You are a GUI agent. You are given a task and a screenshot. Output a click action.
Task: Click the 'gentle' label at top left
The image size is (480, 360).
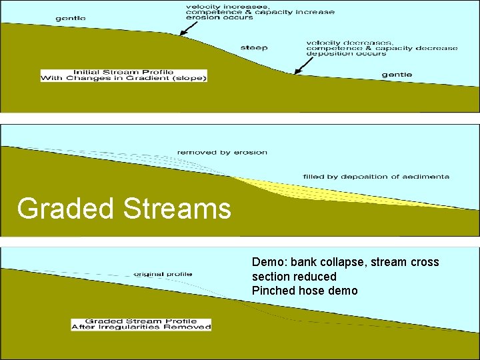click(71, 18)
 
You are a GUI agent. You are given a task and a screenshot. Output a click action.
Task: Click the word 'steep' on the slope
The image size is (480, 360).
click(254, 47)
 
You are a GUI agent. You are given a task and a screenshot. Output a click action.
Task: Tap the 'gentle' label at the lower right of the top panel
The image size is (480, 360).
click(397, 75)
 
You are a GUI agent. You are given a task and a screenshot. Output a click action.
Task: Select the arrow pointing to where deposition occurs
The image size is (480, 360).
click(303, 65)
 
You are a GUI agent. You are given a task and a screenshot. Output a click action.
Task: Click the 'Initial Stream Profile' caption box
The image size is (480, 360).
click(124, 75)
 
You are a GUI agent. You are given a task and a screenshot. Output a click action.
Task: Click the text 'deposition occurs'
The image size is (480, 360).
click(347, 54)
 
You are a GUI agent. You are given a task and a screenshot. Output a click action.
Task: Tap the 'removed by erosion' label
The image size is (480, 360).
click(222, 153)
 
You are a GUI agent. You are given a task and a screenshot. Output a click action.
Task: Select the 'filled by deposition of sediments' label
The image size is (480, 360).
click(376, 177)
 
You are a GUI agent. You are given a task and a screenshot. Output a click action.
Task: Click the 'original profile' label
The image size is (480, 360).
click(163, 274)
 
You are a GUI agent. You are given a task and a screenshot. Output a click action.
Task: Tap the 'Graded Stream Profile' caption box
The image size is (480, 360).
click(141, 324)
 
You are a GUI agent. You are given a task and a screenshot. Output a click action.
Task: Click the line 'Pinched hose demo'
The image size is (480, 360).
click(305, 291)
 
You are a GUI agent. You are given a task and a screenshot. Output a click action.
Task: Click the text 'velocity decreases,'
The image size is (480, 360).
click(350, 43)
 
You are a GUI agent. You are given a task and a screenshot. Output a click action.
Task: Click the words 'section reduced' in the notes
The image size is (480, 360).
click(294, 277)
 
